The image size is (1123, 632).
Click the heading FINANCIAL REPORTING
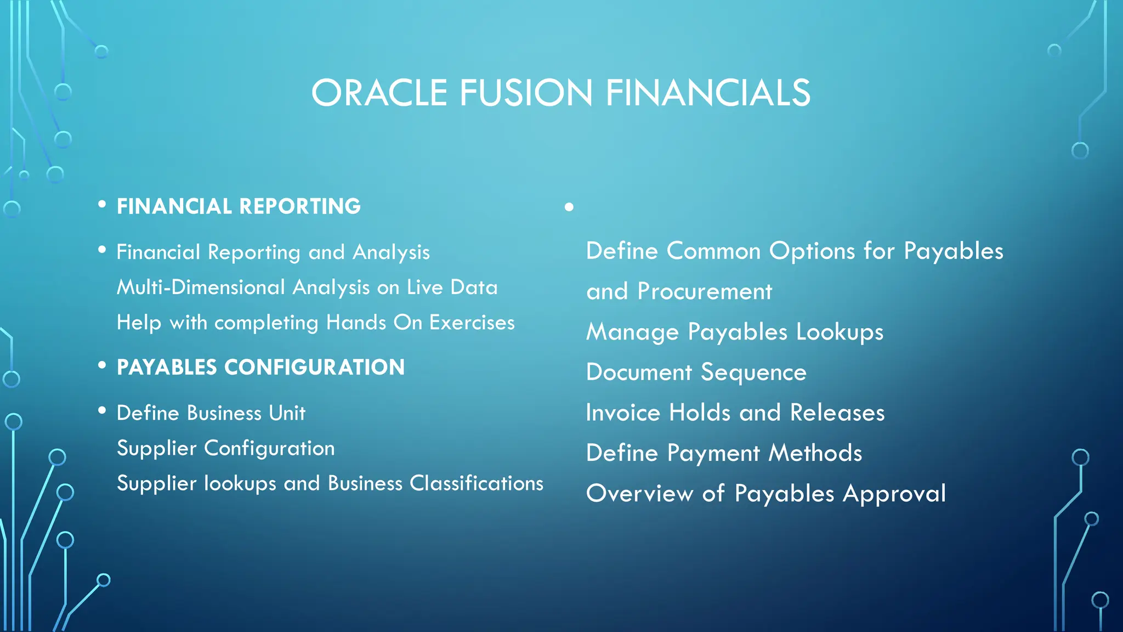[x=239, y=206]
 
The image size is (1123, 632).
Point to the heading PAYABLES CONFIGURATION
[x=260, y=367]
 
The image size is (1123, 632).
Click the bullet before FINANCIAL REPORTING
[x=102, y=205]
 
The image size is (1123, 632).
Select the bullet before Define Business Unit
[x=102, y=410]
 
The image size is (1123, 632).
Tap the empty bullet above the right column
[x=569, y=207]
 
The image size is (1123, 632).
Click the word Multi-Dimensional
[x=201, y=287]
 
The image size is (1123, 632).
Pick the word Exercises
[x=472, y=322]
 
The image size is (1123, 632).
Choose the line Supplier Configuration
[x=225, y=448]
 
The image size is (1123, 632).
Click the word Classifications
[x=477, y=483]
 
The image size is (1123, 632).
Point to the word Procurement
[x=705, y=291]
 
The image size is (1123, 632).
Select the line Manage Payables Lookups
[x=735, y=332]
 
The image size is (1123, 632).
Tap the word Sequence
[x=753, y=373]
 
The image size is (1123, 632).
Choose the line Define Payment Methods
[x=724, y=453]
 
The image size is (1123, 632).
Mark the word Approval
[x=894, y=494]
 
